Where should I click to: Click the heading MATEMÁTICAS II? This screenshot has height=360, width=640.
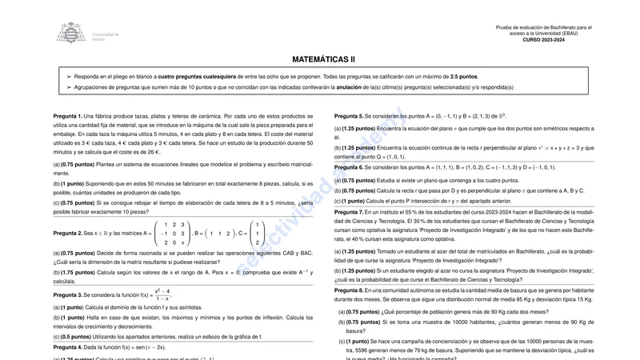coord(323,59)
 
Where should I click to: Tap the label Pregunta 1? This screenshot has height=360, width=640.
coord(67,116)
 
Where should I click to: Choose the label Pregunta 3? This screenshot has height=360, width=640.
coord(67,295)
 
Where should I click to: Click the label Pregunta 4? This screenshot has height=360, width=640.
coord(67,347)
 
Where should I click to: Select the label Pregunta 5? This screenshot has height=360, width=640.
coord(349,116)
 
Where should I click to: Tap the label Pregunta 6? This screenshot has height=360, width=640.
coord(349,167)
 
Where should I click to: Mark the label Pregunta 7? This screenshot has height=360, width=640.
coord(349,212)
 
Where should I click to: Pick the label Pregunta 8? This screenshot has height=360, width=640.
coord(349,290)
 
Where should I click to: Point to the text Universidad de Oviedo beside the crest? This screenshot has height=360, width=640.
coord(106,37)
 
